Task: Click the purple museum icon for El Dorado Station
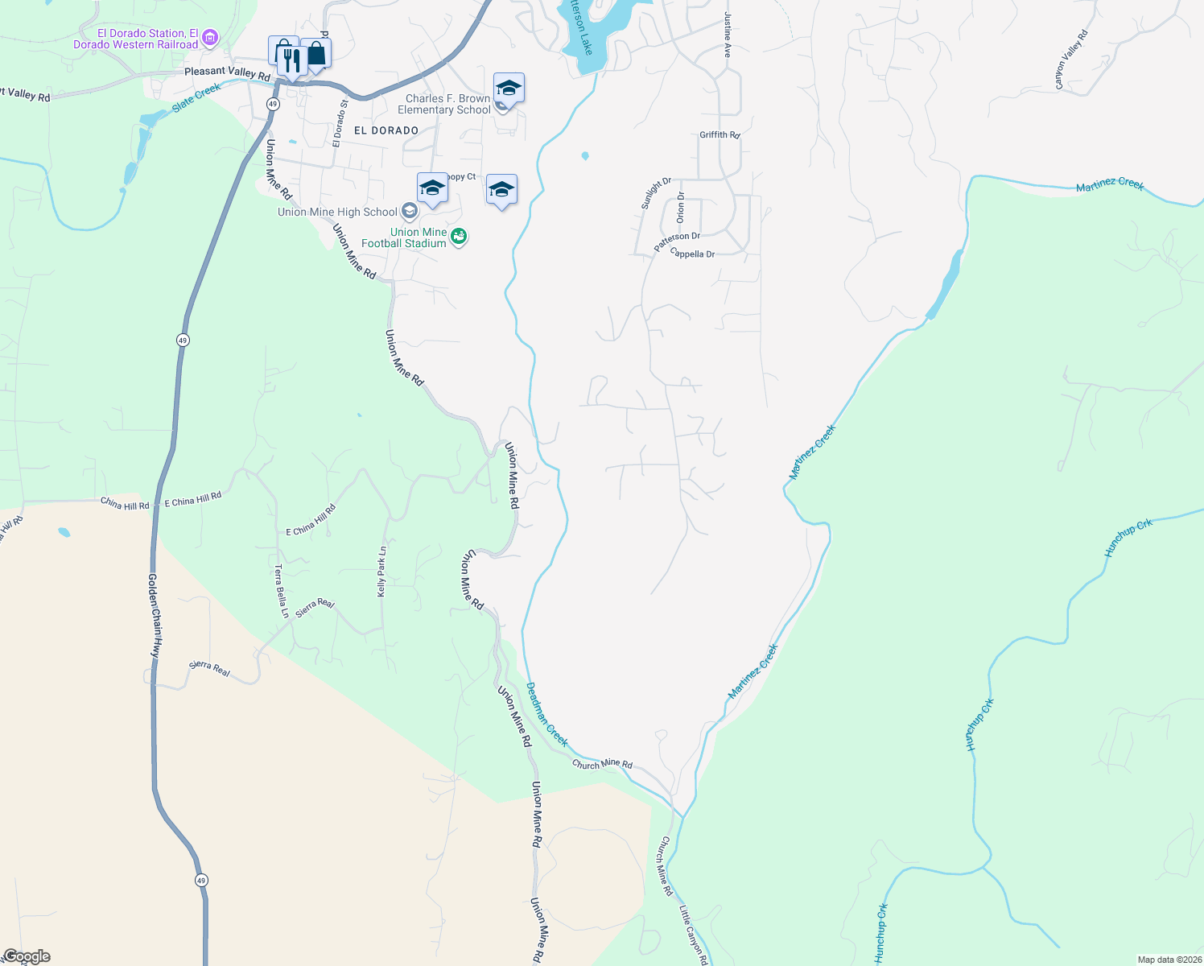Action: pos(210,37)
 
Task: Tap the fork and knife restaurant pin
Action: pos(291,59)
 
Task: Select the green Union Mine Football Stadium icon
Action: pos(459,237)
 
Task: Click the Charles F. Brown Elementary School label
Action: pos(443,104)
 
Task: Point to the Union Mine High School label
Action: pos(337,212)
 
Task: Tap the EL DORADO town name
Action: pos(386,130)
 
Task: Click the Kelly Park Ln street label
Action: pos(382,572)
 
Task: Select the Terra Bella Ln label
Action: pos(281,591)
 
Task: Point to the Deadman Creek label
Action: pos(546,714)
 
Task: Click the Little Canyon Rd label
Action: pos(693,935)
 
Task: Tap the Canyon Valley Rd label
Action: pos(1071,60)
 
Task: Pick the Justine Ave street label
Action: pos(728,35)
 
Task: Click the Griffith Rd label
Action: pos(720,135)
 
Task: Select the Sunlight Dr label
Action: pos(656,194)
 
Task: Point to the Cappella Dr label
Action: pos(692,254)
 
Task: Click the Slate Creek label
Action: pos(196,97)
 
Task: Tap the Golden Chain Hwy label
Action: pos(155,616)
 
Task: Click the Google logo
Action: pos(27,956)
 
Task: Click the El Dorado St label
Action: pos(340,123)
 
